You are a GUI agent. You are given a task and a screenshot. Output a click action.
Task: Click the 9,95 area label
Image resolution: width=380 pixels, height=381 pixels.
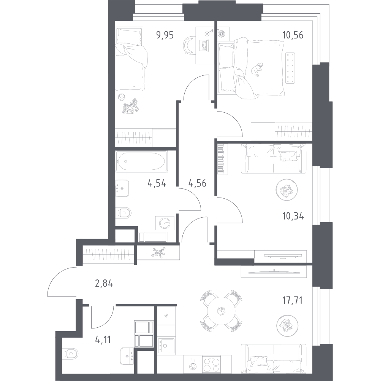pos(165,35)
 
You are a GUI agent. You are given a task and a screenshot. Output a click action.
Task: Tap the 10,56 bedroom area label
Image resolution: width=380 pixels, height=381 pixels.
pos(293,35)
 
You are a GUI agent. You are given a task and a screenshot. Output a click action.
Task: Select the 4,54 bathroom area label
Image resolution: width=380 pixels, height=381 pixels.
pos(157,183)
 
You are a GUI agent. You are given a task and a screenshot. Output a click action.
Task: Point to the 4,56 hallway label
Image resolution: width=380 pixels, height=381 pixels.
pos(197,183)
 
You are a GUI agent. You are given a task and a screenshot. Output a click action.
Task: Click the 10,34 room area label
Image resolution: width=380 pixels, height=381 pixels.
pos(293,216)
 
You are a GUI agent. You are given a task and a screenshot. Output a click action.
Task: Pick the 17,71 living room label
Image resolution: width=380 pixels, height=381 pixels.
pos(292,301)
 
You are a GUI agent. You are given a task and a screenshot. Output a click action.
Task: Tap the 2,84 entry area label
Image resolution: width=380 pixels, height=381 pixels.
pos(104,284)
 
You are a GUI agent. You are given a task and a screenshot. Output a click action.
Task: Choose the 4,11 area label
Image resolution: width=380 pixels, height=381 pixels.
pos(103,340)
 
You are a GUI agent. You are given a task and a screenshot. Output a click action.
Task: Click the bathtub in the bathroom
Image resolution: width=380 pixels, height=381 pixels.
pos(141,161)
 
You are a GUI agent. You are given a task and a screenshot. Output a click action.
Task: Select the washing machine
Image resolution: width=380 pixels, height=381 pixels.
pos(165,223)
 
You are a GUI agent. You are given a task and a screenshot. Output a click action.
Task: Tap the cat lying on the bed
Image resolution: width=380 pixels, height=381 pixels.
pos(256,70)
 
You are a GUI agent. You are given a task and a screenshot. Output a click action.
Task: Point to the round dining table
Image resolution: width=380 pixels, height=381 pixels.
pos(221,311)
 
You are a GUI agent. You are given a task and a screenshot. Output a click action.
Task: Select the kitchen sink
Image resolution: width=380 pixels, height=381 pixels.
pos(166,346)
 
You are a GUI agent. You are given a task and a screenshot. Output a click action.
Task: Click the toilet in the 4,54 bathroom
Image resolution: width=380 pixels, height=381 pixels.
pos(123,213)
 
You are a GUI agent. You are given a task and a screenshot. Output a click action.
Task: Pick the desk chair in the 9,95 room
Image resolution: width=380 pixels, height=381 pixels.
pos(189,45)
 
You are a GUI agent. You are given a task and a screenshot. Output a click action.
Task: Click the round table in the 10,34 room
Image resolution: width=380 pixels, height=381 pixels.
pos(287,190)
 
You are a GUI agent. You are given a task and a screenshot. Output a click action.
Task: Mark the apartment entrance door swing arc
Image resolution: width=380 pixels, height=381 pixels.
pos(57,274)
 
